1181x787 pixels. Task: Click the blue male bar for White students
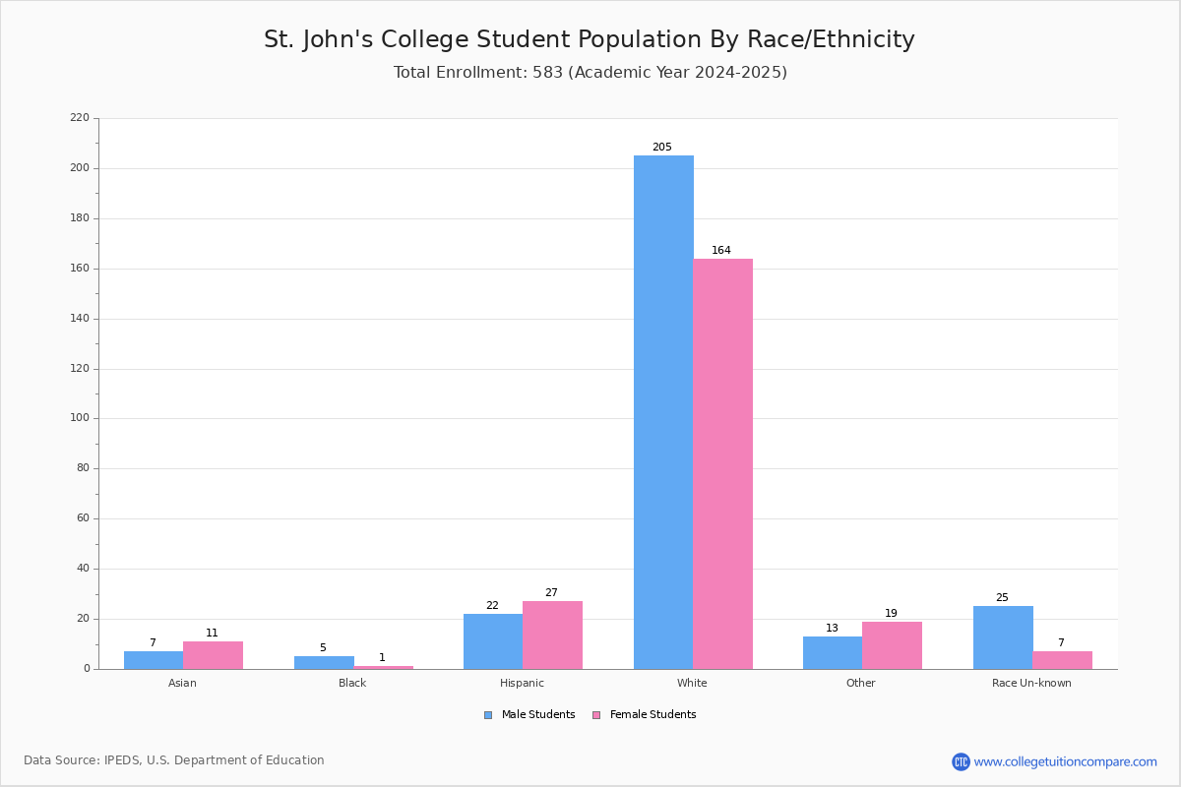pyautogui.click(x=663, y=412)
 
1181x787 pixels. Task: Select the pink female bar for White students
pyautogui.click(x=722, y=464)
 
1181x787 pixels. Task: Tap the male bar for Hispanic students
pyautogui.click(x=493, y=641)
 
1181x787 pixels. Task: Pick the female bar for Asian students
pyautogui.click(x=213, y=655)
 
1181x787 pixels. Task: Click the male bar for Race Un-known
pyautogui.click(x=1003, y=637)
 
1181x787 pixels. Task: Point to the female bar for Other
pyautogui.click(x=892, y=645)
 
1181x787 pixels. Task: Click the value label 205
pyautogui.click(x=662, y=147)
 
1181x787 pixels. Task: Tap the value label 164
pyautogui.click(x=721, y=251)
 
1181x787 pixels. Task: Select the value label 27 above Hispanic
pyautogui.click(x=551, y=592)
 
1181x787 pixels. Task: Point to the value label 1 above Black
pyautogui.click(x=382, y=658)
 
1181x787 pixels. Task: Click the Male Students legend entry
pyautogui.click(x=529, y=715)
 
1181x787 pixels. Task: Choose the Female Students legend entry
pyautogui.click(x=645, y=715)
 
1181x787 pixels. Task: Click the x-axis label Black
pyautogui.click(x=352, y=683)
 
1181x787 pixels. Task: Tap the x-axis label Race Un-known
pyautogui.click(x=1031, y=683)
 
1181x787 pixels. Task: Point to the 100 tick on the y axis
pyautogui.click(x=80, y=418)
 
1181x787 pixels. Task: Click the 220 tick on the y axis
pyautogui.click(x=80, y=117)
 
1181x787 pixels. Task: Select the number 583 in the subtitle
pyautogui.click(x=548, y=72)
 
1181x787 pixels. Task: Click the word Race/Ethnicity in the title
pyautogui.click(x=831, y=39)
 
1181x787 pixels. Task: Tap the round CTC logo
pyautogui.click(x=961, y=761)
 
